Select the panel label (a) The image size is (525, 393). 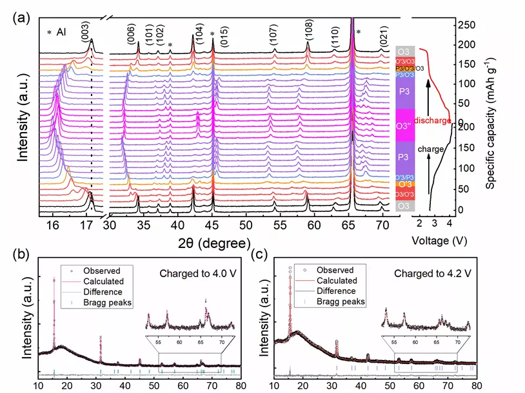(20, 18)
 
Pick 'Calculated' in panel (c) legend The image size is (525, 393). (335, 281)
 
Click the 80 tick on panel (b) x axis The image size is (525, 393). (240, 385)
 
